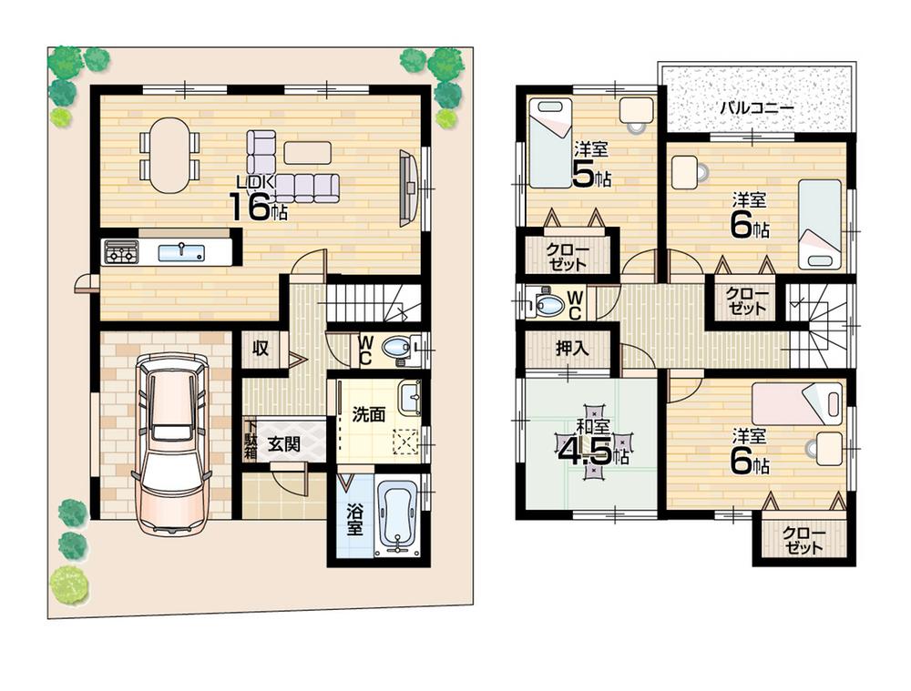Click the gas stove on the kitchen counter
tap(121, 251)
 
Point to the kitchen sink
tap(180, 252)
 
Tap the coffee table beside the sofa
tap(307, 152)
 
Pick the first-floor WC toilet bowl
tap(395, 347)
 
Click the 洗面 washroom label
tap(369, 413)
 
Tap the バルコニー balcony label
tap(756, 107)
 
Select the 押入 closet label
tap(571, 347)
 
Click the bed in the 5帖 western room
tap(551, 143)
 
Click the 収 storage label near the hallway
tap(261, 347)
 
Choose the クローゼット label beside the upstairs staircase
tap(746, 300)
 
